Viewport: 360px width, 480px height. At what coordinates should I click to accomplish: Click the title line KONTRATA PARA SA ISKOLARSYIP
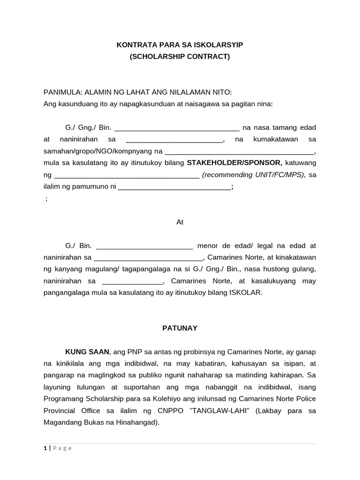pyautogui.click(x=180, y=45)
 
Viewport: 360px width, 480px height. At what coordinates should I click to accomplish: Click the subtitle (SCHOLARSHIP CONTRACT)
pyautogui.click(x=180, y=57)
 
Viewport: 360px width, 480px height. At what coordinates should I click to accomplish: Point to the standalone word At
pyautogui.click(x=180, y=222)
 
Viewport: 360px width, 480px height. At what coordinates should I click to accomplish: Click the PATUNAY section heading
pyautogui.click(x=180, y=328)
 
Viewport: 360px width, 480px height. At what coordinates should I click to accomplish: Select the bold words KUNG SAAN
pyautogui.click(x=87, y=352)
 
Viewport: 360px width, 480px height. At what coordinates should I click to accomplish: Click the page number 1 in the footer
pyautogui.click(x=45, y=448)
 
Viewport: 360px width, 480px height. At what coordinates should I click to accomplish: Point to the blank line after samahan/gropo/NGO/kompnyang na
pyautogui.click(x=240, y=151)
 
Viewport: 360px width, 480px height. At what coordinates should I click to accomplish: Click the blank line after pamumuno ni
pyautogui.click(x=174, y=187)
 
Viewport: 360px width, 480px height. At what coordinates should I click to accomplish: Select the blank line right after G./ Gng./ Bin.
pyautogui.click(x=177, y=127)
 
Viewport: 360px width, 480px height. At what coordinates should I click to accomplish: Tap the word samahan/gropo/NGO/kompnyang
pyautogui.click(x=98, y=151)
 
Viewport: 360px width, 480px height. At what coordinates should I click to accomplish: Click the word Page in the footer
pyautogui.click(x=62, y=448)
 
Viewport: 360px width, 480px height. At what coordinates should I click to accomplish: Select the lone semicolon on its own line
pyautogui.click(x=46, y=199)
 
